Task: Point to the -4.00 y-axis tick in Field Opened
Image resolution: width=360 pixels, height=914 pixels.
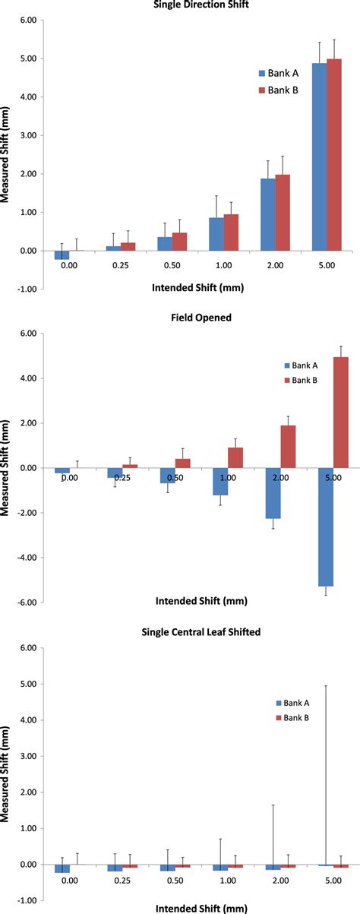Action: (26, 558)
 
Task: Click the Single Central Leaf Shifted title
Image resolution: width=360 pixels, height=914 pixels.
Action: (195, 633)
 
